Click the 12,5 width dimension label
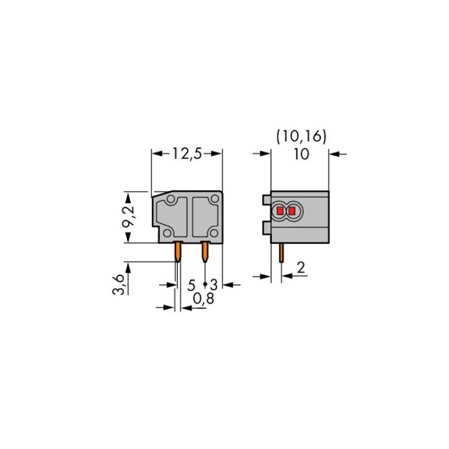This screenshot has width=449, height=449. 187,154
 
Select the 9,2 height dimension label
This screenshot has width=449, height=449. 128,216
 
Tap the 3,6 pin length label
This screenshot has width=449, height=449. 118,284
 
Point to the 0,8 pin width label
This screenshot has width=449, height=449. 204,299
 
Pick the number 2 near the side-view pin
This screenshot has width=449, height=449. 301,268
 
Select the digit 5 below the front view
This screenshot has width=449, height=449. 192,285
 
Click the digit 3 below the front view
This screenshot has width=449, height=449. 214,285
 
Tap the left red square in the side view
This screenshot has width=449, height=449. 280,211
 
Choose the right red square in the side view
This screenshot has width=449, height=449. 292,211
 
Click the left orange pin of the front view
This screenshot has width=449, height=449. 178,251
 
